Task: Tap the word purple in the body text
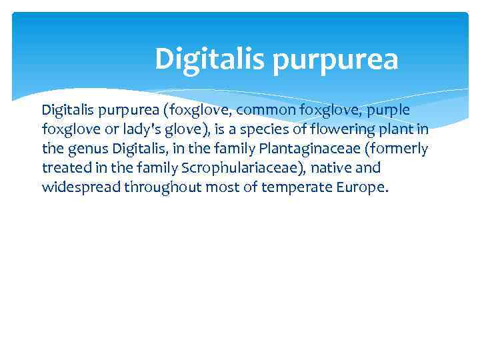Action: [x=387, y=110]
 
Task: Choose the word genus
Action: [x=89, y=148]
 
